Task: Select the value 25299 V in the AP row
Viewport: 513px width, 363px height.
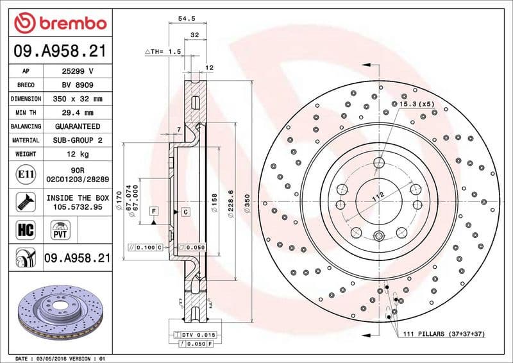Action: [77, 71]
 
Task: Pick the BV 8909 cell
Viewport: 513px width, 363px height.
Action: [77, 85]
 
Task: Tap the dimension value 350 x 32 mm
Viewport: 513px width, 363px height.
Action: [77, 99]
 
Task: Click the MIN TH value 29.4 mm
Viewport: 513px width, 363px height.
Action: [77, 113]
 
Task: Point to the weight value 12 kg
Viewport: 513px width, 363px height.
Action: [77, 154]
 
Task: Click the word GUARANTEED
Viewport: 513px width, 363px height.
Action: [77, 126]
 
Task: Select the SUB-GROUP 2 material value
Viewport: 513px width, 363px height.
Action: [77, 140]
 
